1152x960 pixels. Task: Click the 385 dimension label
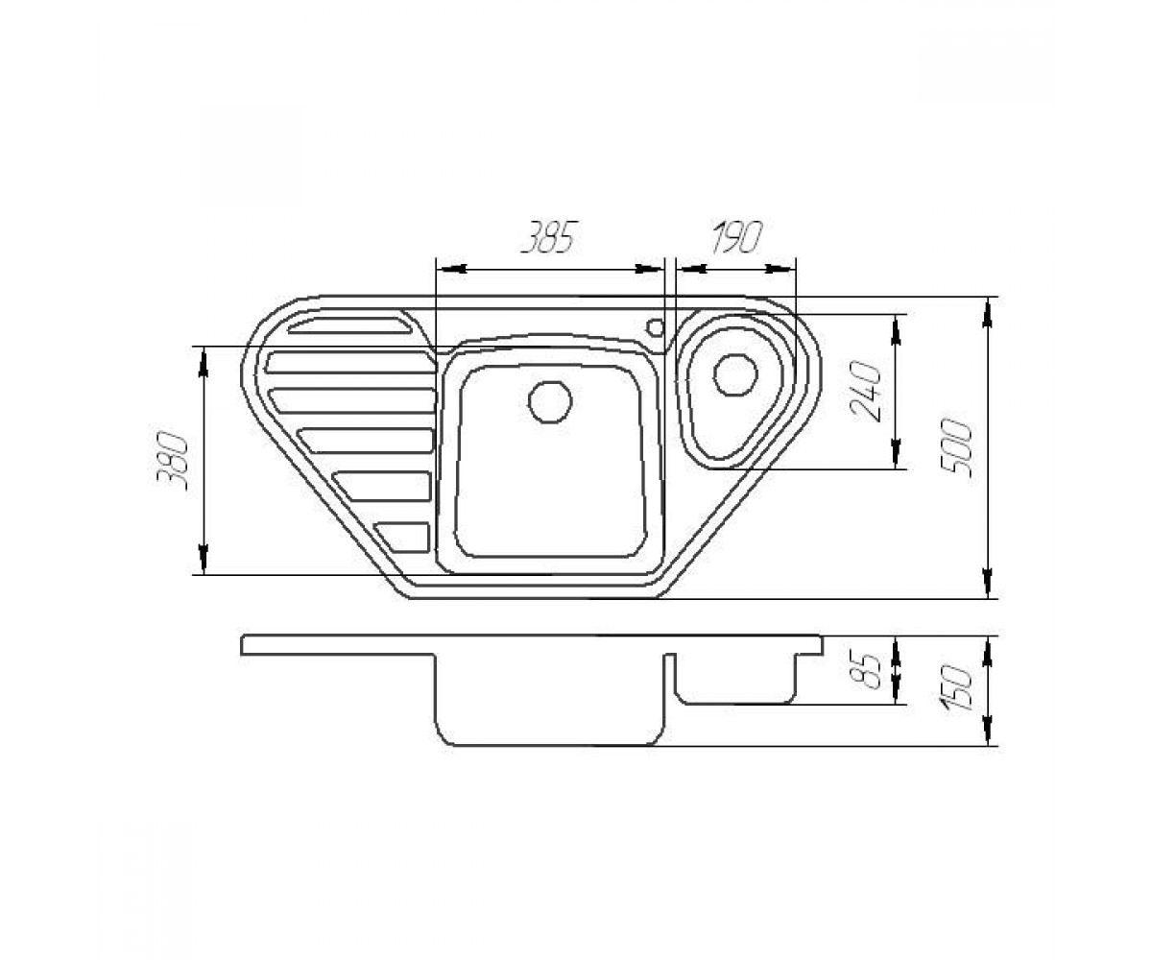click(548, 237)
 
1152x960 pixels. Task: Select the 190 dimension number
click(736, 237)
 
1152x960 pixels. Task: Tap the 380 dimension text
click(172, 461)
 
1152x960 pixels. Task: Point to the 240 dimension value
click(866, 392)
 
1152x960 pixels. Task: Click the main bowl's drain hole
click(549, 401)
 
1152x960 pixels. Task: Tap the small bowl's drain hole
click(735, 374)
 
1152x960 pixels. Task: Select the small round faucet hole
click(656, 327)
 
